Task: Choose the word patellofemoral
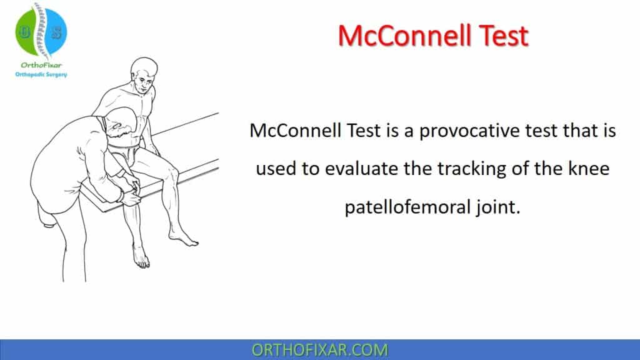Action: pyautogui.click(x=407, y=207)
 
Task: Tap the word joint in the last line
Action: pyautogui.click(x=497, y=207)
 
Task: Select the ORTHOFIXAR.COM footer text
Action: pyautogui.click(x=319, y=350)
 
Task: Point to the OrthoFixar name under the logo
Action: pyautogui.click(x=41, y=66)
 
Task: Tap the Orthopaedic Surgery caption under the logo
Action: pyautogui.click(x=41, y=74)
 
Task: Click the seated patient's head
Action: pyautogui.click(x=143, y=74)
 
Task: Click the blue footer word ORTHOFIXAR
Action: pyautogui.click(x=302, y=350)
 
